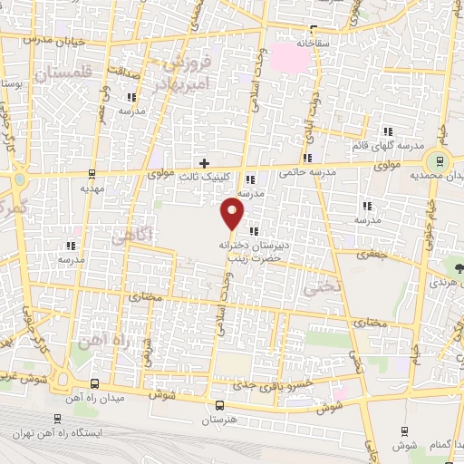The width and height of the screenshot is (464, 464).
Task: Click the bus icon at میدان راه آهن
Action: pos(97,383)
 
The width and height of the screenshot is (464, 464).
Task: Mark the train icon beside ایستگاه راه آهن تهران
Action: pos(57,419)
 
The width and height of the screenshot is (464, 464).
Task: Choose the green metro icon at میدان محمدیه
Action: pos(440,161)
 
